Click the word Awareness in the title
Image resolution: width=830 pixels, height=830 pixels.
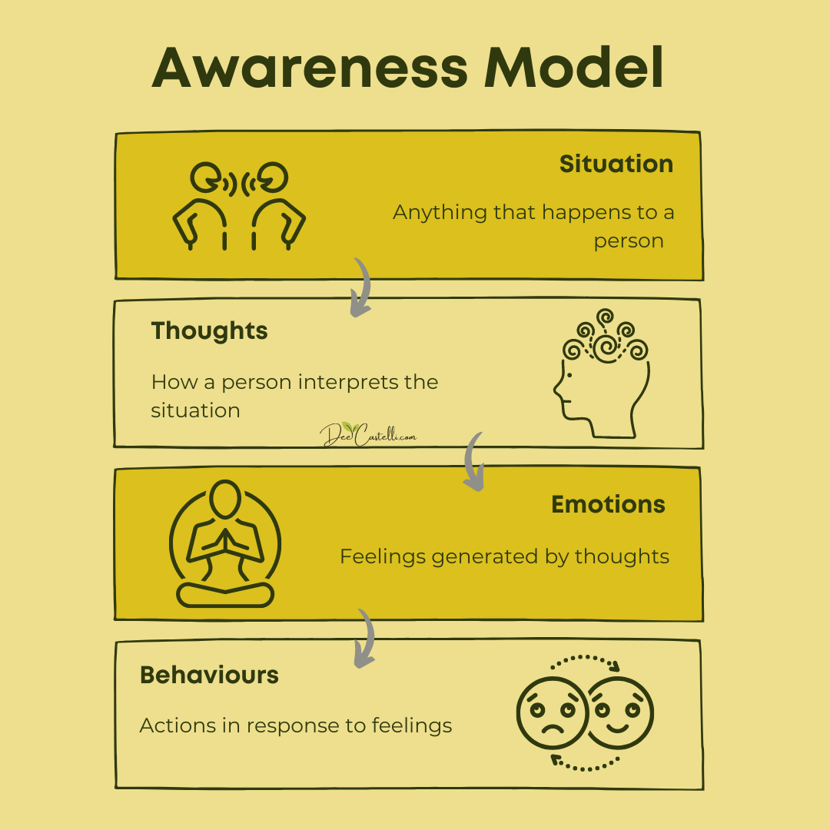(x=310, y=68)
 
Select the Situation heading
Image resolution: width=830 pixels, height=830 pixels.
(x=616, y=164)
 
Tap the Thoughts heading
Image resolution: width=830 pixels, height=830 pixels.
(x=209, y=331)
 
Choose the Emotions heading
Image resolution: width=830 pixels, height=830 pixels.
(x=608, y=504)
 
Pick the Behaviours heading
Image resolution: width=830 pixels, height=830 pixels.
(x=209, y=676)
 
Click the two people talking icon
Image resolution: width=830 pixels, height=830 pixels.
(x=239, y=206)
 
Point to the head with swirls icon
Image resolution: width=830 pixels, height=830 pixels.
(x=602, y=373)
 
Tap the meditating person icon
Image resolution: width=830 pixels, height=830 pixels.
(x=225, y=543)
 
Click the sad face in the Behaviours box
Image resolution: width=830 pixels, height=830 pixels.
(x=552, y=713)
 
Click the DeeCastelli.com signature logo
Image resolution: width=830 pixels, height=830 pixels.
(x=368, y=434)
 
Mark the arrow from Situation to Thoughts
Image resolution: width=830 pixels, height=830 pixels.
(x=363, y=288)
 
